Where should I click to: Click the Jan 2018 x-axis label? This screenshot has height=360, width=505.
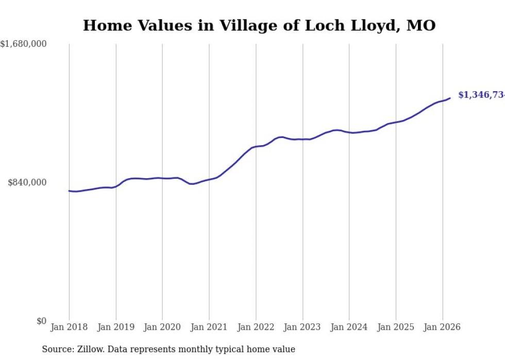(69, 327)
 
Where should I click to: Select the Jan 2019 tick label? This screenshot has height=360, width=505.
(116, 327)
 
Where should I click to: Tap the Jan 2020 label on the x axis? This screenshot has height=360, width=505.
(162, 327)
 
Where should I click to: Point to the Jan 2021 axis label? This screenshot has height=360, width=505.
(209, 327)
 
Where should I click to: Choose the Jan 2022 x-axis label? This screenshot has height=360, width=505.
(256, 327)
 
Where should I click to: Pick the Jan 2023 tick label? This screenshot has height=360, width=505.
(302, 327)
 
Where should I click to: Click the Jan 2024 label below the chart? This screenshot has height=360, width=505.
(349, 327)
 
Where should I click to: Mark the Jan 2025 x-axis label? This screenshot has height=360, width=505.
(396, 327)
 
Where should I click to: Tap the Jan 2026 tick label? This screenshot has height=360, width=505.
(442, 327)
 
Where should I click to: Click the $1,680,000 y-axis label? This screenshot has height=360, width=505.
(24, 44)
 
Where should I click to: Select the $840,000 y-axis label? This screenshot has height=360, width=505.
(27, 182)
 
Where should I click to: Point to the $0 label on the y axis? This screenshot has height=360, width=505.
(41, 321)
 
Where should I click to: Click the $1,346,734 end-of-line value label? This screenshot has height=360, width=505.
(481, 95)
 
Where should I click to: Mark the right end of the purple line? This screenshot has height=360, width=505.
(450, 98)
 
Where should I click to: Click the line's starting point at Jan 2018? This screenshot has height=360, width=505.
(69, 191)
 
